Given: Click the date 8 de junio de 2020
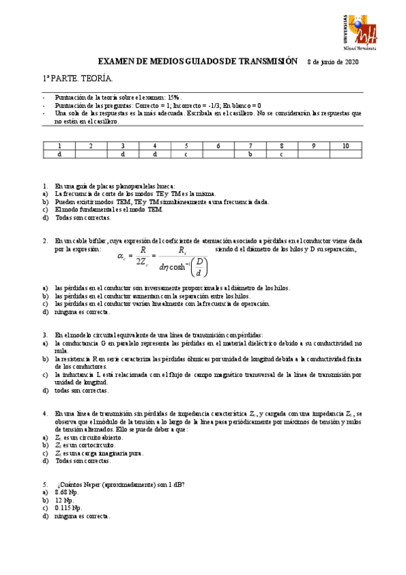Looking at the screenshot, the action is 333,62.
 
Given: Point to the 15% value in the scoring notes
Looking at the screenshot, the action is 176,98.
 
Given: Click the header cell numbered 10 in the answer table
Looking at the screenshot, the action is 346,146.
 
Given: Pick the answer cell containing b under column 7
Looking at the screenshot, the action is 249,154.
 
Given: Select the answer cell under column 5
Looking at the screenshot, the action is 186,154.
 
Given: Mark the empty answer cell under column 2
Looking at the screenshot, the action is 90,154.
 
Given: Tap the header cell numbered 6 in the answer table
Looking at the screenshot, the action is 218,146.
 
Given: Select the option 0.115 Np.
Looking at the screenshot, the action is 70,507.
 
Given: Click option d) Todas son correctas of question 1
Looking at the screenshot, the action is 83,218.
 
